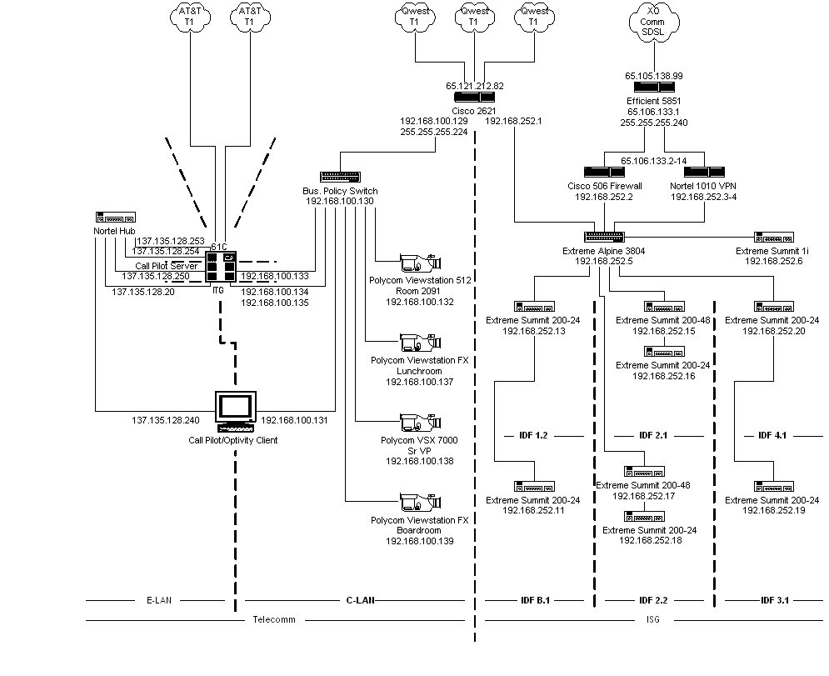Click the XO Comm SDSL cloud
(654, 22)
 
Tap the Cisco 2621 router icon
(474, 98)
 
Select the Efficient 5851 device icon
(654, 88)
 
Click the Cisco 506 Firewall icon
(604, 172)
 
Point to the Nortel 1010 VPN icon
(704, 172)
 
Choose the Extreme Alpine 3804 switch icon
(604, 237)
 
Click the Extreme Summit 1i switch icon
(774, 238)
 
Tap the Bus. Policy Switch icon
(341, 177)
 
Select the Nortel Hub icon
(116, 218)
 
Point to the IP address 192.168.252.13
(533, 331)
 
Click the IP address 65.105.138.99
(654, 76)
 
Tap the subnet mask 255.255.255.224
(434, 132)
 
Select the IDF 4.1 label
(772, 435)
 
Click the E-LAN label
(159, 600)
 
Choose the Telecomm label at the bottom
(274, 619)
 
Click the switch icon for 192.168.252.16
(664, 351)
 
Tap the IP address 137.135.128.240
(166, 420)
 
